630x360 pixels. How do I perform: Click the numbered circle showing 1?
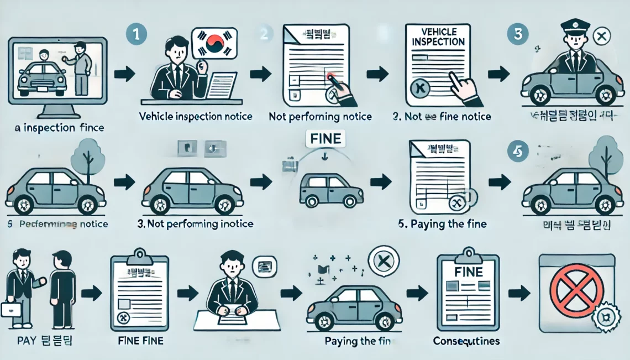click(x=136, y=34)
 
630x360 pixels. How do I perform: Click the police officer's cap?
click(x=575, y=25)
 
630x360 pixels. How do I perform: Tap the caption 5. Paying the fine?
click(x=442, y=225)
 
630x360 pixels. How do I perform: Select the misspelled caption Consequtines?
click(x=466, y=341)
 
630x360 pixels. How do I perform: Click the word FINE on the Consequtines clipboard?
click(x=468, y=272)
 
